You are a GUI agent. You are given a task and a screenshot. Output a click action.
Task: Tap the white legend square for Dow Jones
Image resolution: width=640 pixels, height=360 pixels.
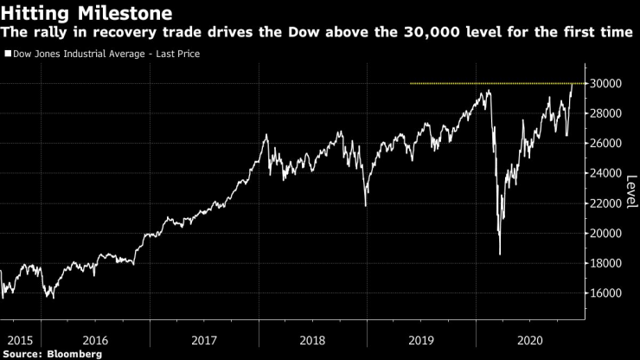[8, 54]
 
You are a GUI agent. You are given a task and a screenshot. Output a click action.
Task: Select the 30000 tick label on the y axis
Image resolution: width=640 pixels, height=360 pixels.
[607, 84]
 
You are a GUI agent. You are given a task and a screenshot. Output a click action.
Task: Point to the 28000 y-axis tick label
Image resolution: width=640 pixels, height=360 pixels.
[607, 113]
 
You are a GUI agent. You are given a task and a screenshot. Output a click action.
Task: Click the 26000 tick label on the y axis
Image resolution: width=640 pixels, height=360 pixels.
[607, 144]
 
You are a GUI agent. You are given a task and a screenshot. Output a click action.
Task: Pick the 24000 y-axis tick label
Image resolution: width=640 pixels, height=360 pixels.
[607, 173]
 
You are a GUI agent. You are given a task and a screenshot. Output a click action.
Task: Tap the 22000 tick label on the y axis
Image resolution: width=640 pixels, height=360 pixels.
[607, 203]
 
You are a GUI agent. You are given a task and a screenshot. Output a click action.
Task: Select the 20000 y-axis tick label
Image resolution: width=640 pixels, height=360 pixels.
[607, 234]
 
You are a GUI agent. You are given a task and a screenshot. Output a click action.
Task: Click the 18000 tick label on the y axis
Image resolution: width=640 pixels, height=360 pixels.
[607, 263]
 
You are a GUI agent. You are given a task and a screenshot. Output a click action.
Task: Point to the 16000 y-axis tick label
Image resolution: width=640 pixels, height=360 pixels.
[607, 293]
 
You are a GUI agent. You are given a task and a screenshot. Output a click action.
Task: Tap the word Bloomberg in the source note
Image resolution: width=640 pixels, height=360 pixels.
[75, 353]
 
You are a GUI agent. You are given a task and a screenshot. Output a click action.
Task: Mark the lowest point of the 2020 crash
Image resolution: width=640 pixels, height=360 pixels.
[500, 254]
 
